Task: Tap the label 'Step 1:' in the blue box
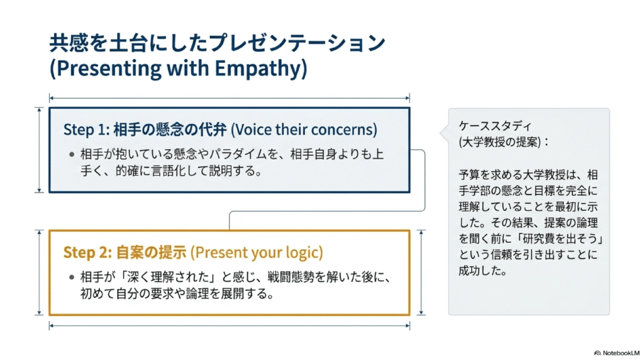coord(86,130)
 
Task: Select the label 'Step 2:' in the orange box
coord(87,252)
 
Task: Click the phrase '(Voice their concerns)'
coord(304,130)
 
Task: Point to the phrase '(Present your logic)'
coord(257,252)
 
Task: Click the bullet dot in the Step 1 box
coord(72,155)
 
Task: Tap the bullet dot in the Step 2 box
coord(72,278)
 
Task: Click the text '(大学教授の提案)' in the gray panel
coord(500,142)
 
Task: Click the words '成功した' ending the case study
coord(478,271)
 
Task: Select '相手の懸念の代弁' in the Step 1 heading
coord(170,130)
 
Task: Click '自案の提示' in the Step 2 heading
coord(151,252)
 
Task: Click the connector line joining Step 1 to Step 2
coord(327,211)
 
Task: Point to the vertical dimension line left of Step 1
coord(39,150)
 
